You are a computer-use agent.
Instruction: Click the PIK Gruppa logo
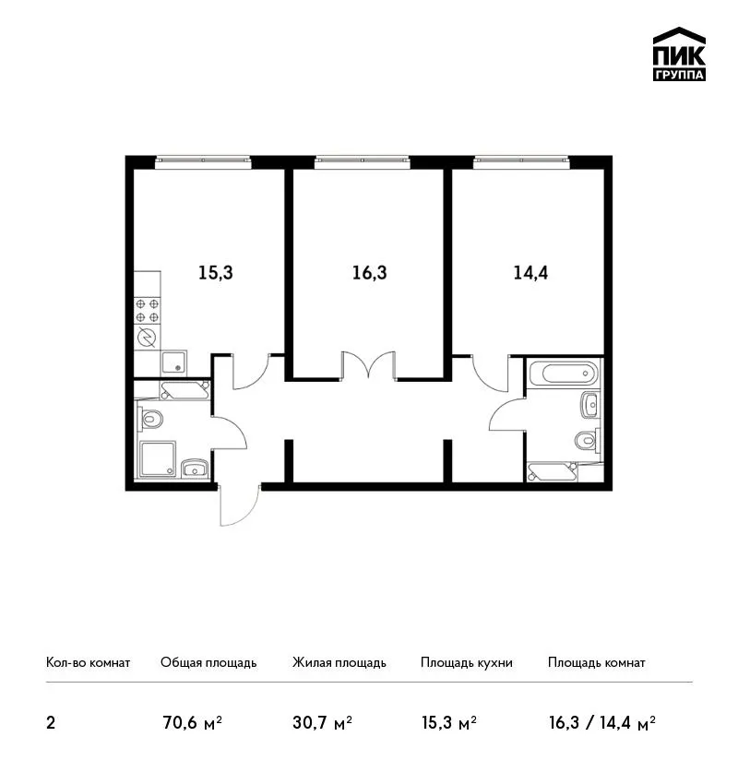pos(679,54)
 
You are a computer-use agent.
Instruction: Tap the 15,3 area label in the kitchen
pos(216,273)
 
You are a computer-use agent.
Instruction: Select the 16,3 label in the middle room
pos(370,273)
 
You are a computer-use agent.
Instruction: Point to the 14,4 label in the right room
pos(530,273)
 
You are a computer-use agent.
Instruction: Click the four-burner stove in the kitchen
pos(148,310)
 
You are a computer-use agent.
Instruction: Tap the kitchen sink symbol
pos(173,363)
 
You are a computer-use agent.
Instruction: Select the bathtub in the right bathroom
pos(564,373)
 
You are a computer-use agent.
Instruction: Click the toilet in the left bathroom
pos(150,419)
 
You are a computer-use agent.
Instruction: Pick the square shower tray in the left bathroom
pos(158,458)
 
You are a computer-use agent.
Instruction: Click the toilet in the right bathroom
pos(587,441)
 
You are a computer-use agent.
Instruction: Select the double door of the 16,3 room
pos(369,365)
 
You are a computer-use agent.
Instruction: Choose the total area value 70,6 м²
pos(193,723)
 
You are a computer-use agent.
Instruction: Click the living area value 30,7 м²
pos(323,723)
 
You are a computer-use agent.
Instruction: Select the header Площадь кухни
pos(467,662)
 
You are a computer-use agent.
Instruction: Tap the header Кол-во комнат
pos(88,662)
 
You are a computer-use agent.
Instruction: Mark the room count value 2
pos(51,723)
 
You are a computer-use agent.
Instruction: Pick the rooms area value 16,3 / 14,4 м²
pos(602,723)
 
